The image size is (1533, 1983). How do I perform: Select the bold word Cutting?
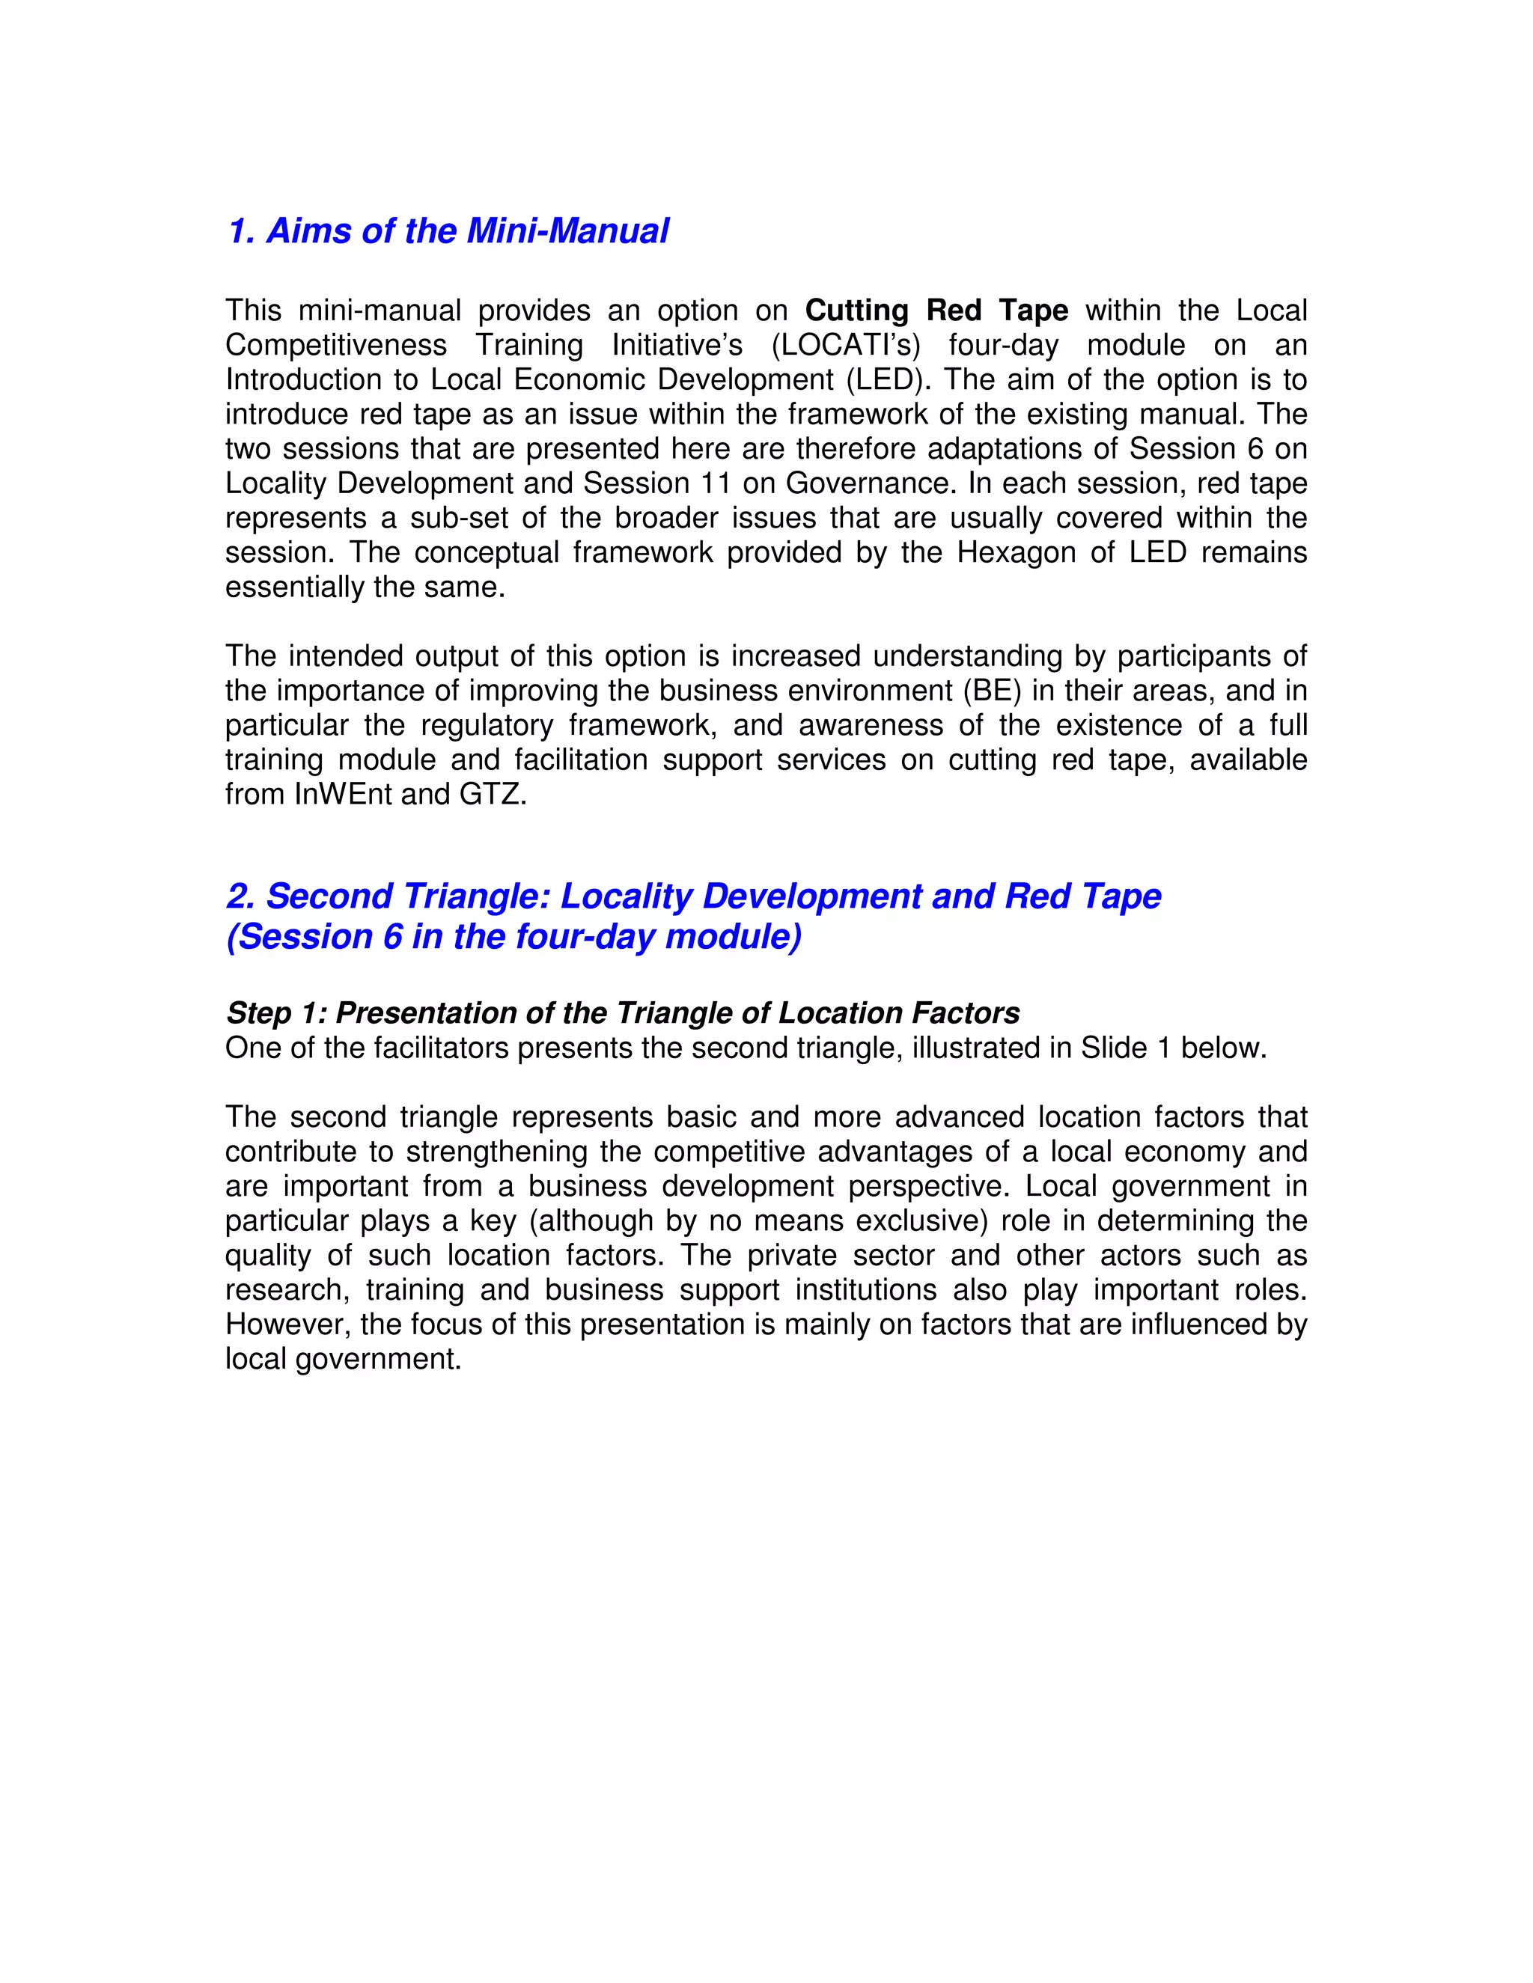coord(856,311)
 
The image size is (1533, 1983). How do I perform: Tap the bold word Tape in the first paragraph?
coord(1034,311)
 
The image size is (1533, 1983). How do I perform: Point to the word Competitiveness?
coord(336,345)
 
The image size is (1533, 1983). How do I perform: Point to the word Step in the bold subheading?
coord(259,1013)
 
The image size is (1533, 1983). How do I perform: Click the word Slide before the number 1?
coord(1112,1048)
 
